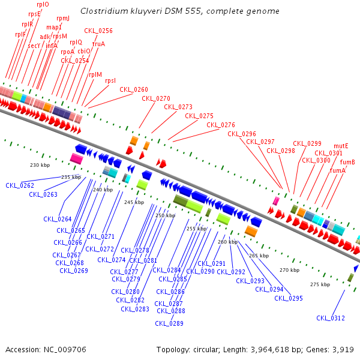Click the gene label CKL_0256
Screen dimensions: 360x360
[98, 31]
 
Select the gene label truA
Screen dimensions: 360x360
[98, 44]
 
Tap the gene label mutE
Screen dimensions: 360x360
[341, 146]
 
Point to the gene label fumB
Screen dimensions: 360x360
[347, 162]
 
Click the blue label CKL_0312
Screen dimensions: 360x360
[331, 318]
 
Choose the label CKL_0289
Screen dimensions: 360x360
[169, 323]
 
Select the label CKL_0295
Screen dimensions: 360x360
[289, 298]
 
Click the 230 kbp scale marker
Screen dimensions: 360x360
[40, 165]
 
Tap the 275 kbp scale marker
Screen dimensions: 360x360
[320, 284]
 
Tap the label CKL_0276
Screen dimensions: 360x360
[221, 125]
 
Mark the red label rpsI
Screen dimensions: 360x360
[110, 80]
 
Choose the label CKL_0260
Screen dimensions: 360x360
[133, 89]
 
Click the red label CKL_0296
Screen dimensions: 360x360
[242, 134]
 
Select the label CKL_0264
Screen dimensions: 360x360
[58, 219]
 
